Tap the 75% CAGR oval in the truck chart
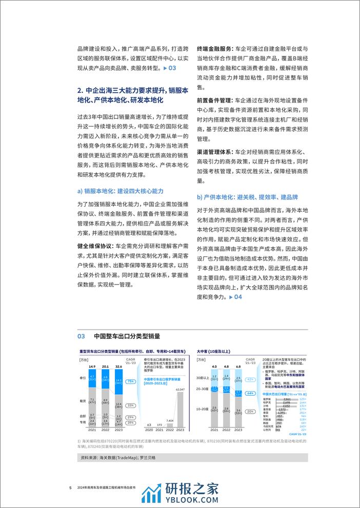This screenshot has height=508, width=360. (x=131, y=381)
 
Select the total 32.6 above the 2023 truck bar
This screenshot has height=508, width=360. (x=119, y=367)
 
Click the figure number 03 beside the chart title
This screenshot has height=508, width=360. (x=81, y=336)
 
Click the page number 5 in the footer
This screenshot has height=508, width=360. (x=70, y=487)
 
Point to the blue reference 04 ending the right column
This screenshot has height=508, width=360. (x=234, y=297)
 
